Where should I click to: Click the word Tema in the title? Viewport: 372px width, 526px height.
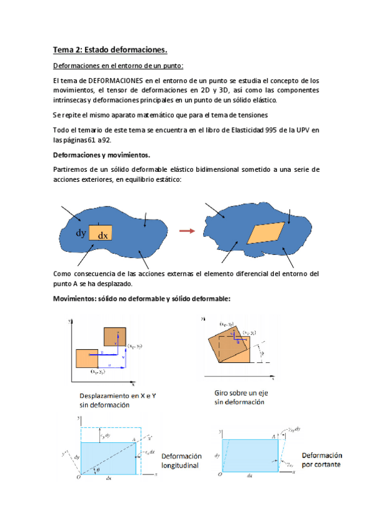coord(63,50)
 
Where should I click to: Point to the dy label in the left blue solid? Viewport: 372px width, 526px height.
coord(81,233)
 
